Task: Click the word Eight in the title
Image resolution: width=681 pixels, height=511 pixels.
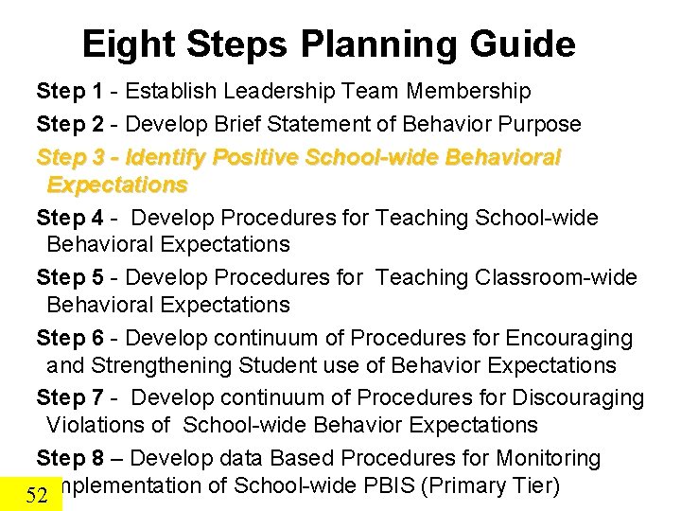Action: coord(126,44)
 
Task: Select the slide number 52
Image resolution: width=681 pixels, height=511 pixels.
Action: coord(37,495)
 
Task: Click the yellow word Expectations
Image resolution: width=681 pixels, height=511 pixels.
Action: coord(117,184)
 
